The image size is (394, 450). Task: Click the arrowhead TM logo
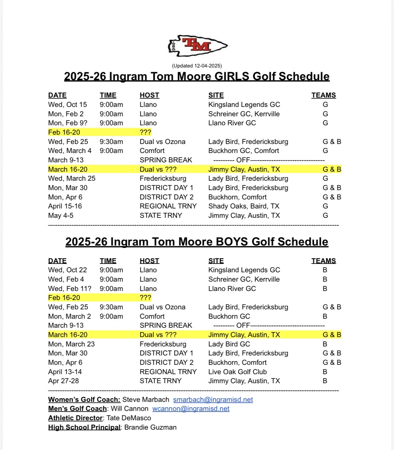(198, 46)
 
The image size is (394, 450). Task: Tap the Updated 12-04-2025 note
(197, 66)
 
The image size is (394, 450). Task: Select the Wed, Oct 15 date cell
(68, 105)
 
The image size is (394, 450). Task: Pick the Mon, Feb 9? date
(68, 123)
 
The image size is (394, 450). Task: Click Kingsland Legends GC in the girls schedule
(244, 105)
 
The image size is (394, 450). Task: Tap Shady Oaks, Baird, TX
(244, 206)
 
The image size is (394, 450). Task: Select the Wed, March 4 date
(70, 151)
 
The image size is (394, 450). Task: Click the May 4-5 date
(61, 215)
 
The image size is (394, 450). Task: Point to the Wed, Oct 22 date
(68, 270)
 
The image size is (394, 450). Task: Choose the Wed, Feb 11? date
(70, 289)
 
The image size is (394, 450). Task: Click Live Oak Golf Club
(237, 372)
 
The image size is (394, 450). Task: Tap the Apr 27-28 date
(63, 381)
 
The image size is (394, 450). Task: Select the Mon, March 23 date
(72, 344)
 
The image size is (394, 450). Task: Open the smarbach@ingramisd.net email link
(213, 400)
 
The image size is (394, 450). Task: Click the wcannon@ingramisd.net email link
(191, 409)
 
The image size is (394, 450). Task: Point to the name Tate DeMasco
(129, 418)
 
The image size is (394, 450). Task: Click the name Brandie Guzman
(150, 427)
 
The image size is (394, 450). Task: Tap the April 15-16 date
(65, 206)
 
